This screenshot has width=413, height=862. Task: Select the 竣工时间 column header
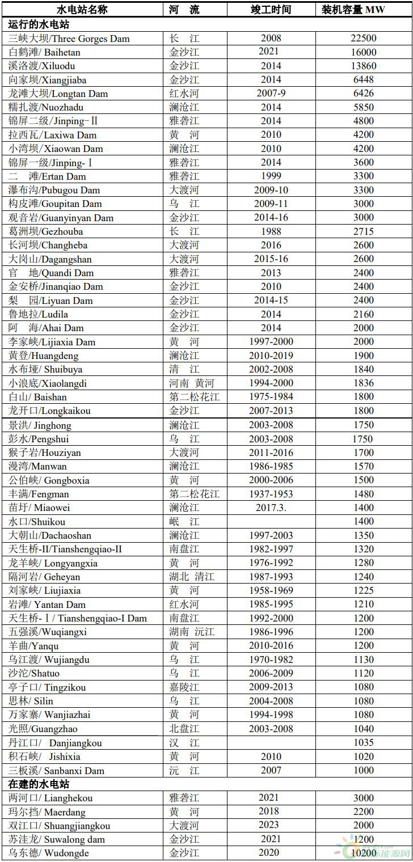coord(271,10)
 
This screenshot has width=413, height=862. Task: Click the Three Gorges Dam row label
coord(69,39)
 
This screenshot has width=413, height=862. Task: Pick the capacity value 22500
coord(363,39)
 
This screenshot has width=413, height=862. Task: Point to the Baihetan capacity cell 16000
coord(363,52)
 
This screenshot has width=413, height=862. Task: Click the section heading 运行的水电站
coord(39,24)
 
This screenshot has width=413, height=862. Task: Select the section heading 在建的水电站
coord(39,784)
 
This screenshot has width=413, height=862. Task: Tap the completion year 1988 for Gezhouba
coord(271,231)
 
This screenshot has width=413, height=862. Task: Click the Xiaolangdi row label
coord(48,383)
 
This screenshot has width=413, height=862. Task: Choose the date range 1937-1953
coord(271,494)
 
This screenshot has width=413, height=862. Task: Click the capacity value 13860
coord(363,66)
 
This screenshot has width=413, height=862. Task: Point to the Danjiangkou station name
coord(54,743)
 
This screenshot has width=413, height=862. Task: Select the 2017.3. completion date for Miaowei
coord(271,508)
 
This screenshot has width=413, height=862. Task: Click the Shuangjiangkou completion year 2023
coord(271,825)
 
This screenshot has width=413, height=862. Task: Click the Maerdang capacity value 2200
coord(363,812)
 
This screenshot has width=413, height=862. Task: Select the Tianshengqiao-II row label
coord(65,549)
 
